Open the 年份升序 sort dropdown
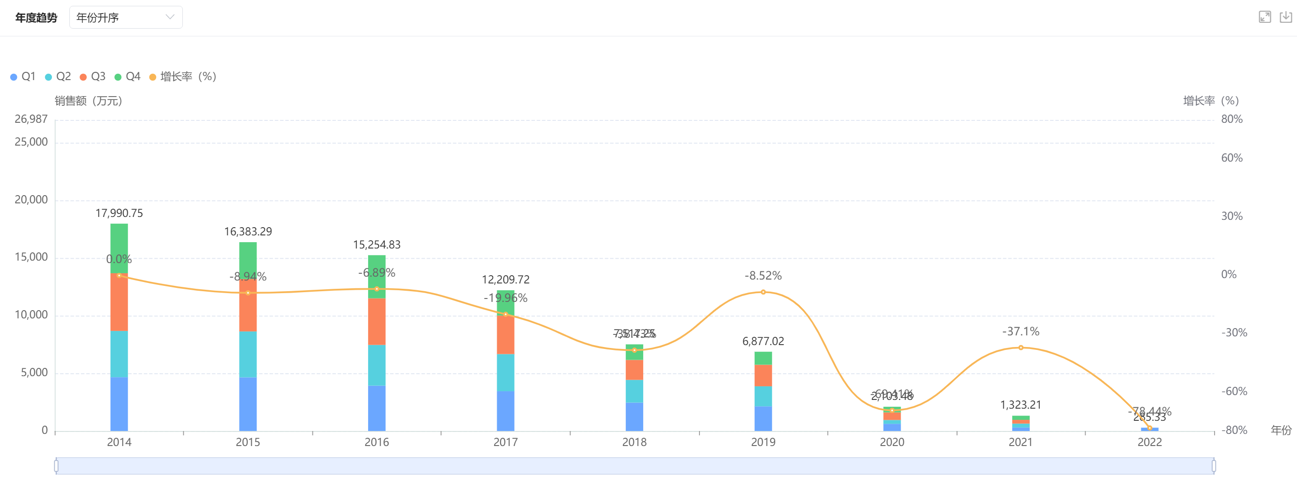(125, 17)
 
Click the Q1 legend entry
(23, 77)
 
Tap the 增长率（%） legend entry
(183, 77)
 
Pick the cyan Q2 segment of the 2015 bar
(248, 354)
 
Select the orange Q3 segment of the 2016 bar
(376, 321)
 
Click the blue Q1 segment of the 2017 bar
(505, 411)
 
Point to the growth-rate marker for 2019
(763, 292)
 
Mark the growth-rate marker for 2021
(1021, 348)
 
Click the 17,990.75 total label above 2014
(119, 214)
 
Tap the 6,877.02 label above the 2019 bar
(763, 342)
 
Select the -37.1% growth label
(1021, 331)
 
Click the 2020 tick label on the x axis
(892, 442)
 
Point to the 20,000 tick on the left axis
(31, 200)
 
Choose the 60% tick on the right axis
(1232, 158)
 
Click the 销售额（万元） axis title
(89, 101)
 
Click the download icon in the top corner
(1285, 17)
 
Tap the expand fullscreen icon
(1265, 17)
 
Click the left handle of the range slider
(56, 466)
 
